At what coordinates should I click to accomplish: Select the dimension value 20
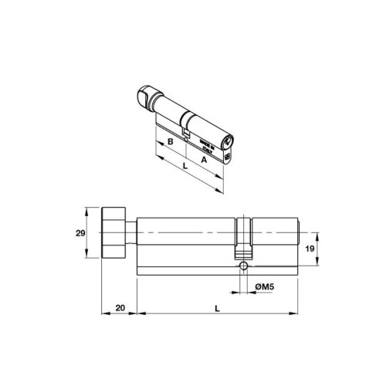point(120,307)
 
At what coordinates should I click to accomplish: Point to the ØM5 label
point(264,287)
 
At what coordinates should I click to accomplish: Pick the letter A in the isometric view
point(204,159)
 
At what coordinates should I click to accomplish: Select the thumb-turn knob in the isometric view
point(149,96)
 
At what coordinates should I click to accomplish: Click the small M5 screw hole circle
point(244,266)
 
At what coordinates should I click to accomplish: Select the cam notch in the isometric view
point(186,132)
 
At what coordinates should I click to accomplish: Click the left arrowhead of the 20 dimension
point(104,314)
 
